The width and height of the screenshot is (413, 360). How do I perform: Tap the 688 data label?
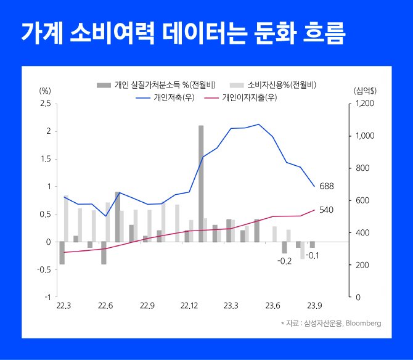(x=327, y=186)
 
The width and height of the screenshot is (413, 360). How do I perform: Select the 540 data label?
(x=326, y=210)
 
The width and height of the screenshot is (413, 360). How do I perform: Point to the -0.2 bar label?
(x=284, y=261)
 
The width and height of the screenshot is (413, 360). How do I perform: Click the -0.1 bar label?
(x=313, y=255)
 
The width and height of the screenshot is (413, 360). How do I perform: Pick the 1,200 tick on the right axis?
(x=364, y=104)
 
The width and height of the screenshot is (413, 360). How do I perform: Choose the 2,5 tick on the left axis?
(x=45, y=104)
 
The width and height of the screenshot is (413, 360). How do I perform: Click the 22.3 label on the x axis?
(x=63, y=306)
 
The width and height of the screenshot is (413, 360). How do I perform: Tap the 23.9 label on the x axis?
(x=315, y=306)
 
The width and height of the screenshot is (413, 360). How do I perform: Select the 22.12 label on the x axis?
(x=189, y=306)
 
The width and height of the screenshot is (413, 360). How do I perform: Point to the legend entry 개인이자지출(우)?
(x=248, y=97)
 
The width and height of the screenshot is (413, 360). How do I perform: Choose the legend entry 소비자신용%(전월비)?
(x=281, y=84)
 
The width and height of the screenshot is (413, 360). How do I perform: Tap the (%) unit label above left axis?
(x=45, y=91)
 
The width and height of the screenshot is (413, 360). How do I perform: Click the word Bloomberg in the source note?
(x=362, y=323)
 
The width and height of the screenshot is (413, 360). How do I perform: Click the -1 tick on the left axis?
(x=47, y=297)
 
